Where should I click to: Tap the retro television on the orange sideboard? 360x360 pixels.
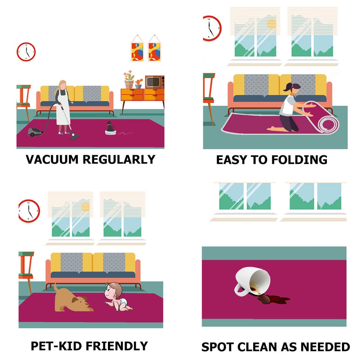tap(154, 82)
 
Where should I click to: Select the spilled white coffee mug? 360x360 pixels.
tap(252, 282)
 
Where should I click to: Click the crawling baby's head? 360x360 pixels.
tap(114, 290)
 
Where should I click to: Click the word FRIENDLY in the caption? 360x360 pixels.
tap(117, 346)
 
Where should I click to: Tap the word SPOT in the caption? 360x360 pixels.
tap(217, 346)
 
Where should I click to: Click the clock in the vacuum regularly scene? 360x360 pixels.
tap(26, 52)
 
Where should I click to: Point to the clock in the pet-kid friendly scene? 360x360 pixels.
tap(29, 211)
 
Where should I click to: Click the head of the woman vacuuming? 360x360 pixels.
tap(62, 85)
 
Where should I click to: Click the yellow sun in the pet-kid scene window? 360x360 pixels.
tap(85, 207)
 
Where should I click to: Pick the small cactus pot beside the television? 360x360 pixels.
tap(138, 84)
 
